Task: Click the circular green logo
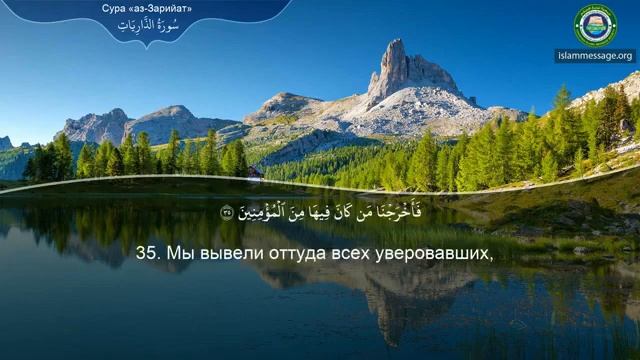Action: (596, 24)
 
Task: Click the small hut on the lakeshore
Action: (257, 172)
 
